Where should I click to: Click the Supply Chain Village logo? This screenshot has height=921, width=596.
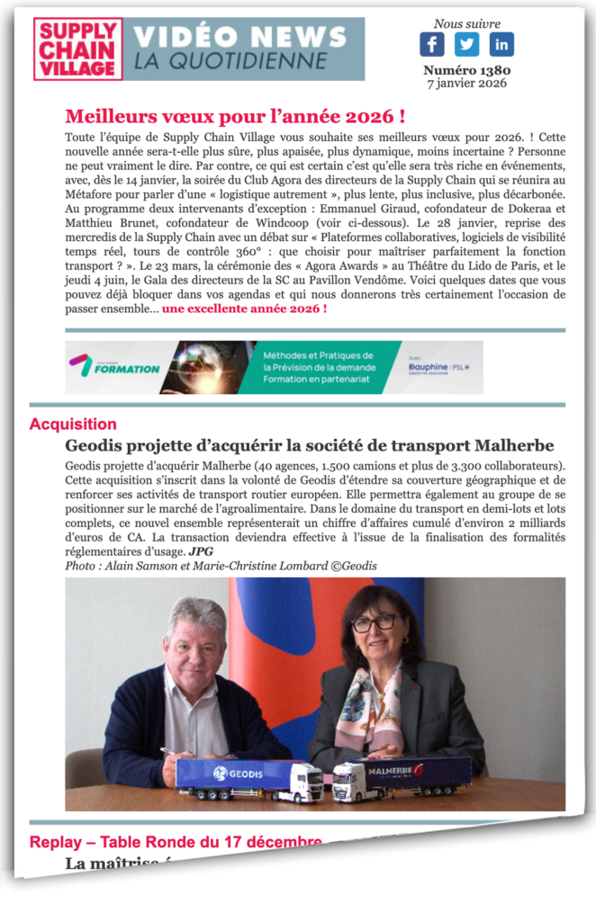[78, 49]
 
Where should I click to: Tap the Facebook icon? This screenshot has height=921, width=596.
[432, 44]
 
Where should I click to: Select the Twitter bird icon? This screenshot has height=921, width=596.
[466, 44]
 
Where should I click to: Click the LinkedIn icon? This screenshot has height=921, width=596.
[501, 44]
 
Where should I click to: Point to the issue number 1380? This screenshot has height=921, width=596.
[466, 70]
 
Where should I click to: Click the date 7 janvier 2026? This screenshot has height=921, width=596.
[466, 84]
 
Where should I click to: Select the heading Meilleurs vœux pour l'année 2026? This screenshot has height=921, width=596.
[234, 116]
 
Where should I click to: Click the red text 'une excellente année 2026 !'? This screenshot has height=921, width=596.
[244, 308]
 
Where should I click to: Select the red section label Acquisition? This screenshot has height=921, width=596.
[73, 424]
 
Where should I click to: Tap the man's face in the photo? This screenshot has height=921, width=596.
[194, 639]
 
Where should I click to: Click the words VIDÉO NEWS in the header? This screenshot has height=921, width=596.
[239, 37]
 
